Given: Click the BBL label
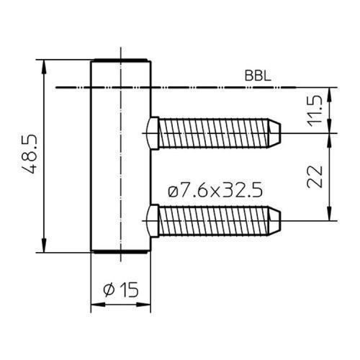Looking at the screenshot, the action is pos(258,76).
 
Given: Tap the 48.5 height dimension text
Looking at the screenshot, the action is pos(30,154).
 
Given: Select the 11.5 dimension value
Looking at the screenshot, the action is pos(315,111).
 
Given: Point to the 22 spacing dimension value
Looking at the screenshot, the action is pos(315,176).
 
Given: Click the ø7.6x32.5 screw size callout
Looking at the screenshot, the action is pos(215,192).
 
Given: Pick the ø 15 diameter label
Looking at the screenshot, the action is pos(121,289).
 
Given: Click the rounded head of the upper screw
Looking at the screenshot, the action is pos(152,133).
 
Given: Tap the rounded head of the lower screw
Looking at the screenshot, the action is pos(152,221).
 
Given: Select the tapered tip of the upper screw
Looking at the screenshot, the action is pos(274,133).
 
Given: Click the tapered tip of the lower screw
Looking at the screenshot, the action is pos(274,221).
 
